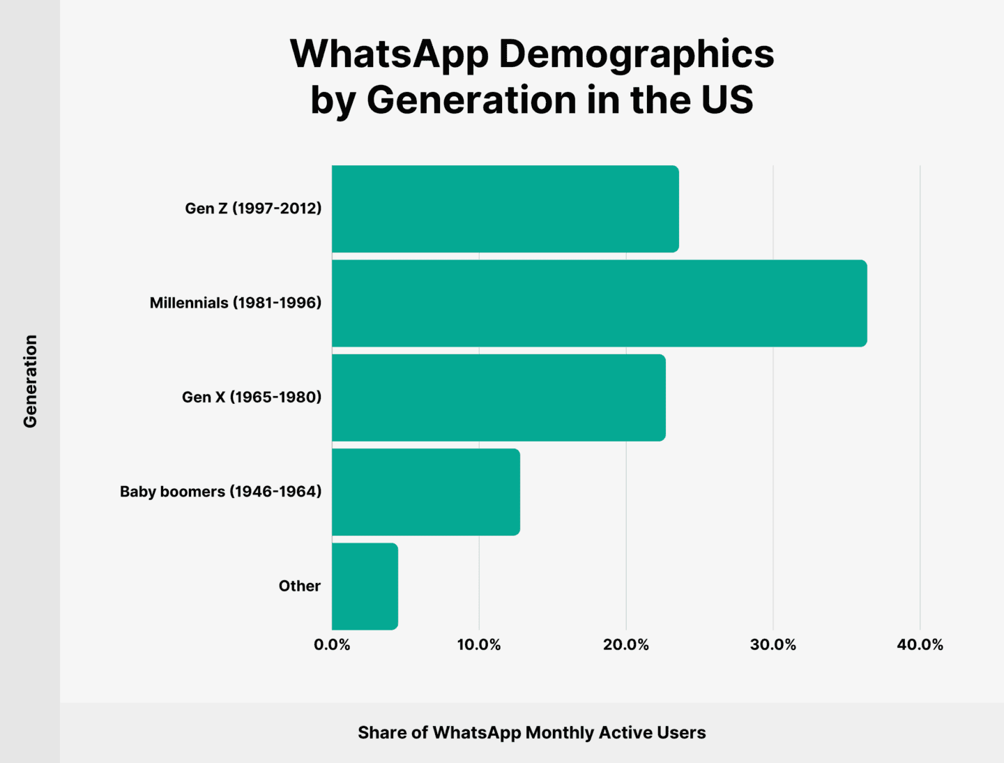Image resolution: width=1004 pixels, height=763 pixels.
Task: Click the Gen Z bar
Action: point(505,209)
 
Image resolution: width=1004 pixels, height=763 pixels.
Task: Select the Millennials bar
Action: point(599,303)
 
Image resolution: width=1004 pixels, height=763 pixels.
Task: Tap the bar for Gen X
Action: point(499,397)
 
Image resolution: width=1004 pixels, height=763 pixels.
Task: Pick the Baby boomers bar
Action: point(425,492)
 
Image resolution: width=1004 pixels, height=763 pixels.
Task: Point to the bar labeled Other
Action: point(365,586)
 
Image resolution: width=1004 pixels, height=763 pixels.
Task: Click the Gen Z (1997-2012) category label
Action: point(253,209)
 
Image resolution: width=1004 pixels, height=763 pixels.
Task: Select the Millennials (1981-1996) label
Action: point(236,303)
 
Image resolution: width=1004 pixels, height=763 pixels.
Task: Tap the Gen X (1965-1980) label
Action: point(252,397)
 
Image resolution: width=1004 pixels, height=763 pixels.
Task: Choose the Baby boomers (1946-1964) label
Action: point(220,492)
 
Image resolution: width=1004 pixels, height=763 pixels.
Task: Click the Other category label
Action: point(299,586)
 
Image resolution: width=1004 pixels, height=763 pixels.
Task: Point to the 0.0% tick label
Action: point(332,645)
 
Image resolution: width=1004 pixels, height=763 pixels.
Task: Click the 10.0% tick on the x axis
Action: point(479,645)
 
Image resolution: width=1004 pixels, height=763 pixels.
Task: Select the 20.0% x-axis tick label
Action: point(626,645)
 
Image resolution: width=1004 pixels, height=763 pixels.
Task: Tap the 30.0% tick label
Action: point(773,645)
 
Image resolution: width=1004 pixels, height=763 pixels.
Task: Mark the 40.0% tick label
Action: point(920,645)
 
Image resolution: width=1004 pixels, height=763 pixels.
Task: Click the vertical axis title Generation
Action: point(30,381)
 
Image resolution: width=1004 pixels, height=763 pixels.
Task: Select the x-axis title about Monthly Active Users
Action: point(531,732)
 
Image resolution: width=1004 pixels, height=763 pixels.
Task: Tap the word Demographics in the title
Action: point(636,54)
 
